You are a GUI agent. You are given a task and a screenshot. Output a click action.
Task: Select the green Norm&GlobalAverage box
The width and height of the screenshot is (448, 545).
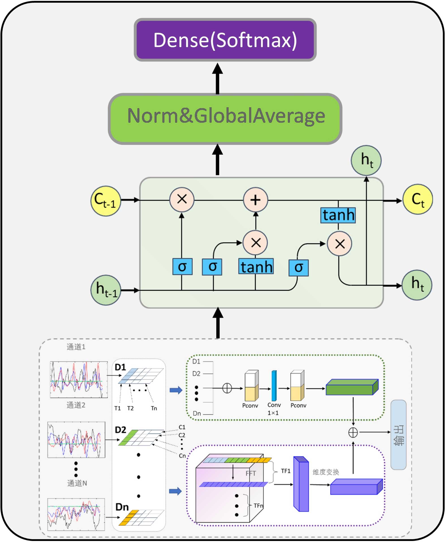225,119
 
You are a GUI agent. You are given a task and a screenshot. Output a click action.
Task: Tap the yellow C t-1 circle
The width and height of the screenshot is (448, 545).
106,201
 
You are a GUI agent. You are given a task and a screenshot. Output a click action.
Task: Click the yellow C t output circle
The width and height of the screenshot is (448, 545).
418,199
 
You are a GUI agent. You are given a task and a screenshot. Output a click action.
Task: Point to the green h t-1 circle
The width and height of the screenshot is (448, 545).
106,290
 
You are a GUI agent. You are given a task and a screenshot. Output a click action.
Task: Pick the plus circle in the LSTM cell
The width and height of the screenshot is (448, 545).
256,200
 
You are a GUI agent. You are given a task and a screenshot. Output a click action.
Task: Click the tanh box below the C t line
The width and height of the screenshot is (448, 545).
338,215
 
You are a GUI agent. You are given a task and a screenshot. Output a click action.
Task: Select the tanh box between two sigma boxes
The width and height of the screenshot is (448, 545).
256,266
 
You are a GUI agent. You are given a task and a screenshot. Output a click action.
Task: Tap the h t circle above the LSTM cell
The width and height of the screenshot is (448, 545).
366,160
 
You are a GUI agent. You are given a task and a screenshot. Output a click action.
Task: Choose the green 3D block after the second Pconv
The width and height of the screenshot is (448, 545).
352,387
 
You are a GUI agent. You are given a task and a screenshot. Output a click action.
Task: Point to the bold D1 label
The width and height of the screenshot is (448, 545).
120,367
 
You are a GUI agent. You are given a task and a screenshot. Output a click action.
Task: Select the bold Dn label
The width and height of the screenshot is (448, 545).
122,507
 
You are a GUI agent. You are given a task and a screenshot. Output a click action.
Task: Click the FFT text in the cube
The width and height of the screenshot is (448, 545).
251,473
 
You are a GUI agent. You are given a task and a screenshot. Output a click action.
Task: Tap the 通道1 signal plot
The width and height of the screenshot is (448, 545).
79,379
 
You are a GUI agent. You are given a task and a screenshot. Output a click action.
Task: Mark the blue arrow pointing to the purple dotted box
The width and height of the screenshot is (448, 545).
175,491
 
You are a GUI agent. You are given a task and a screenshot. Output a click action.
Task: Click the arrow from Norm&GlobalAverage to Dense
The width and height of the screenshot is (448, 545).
218,78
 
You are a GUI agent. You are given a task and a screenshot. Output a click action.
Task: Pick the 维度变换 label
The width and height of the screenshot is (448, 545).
326,472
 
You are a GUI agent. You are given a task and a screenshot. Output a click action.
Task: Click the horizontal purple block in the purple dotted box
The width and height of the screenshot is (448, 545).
356,487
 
